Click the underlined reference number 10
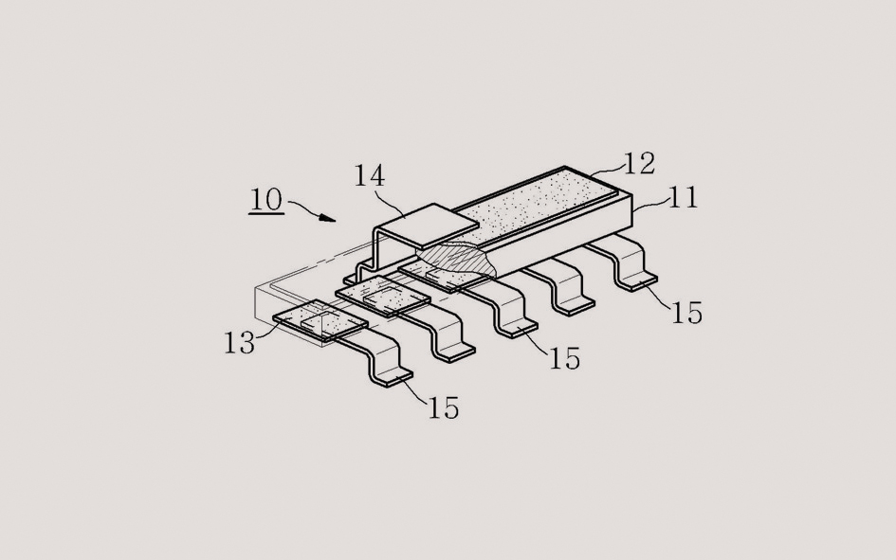point(266,200)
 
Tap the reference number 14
point(370,176)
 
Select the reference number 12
point(639,164)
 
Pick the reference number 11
point(683,197)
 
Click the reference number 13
point(239,343)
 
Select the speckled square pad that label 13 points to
point(320,320)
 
